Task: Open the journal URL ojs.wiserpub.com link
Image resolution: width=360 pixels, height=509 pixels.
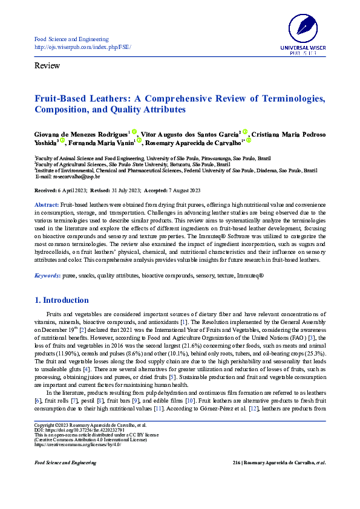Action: coord(83,47)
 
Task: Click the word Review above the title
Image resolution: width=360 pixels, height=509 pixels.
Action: coord(47,65)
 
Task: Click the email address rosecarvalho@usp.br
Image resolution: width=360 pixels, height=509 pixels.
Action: coord(68,177)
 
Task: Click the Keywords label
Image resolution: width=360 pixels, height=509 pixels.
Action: coord(47,276)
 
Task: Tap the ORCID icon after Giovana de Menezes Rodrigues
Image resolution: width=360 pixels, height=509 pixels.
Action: coord(134,130)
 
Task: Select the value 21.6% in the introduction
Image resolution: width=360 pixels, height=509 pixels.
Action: coord(195,345)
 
